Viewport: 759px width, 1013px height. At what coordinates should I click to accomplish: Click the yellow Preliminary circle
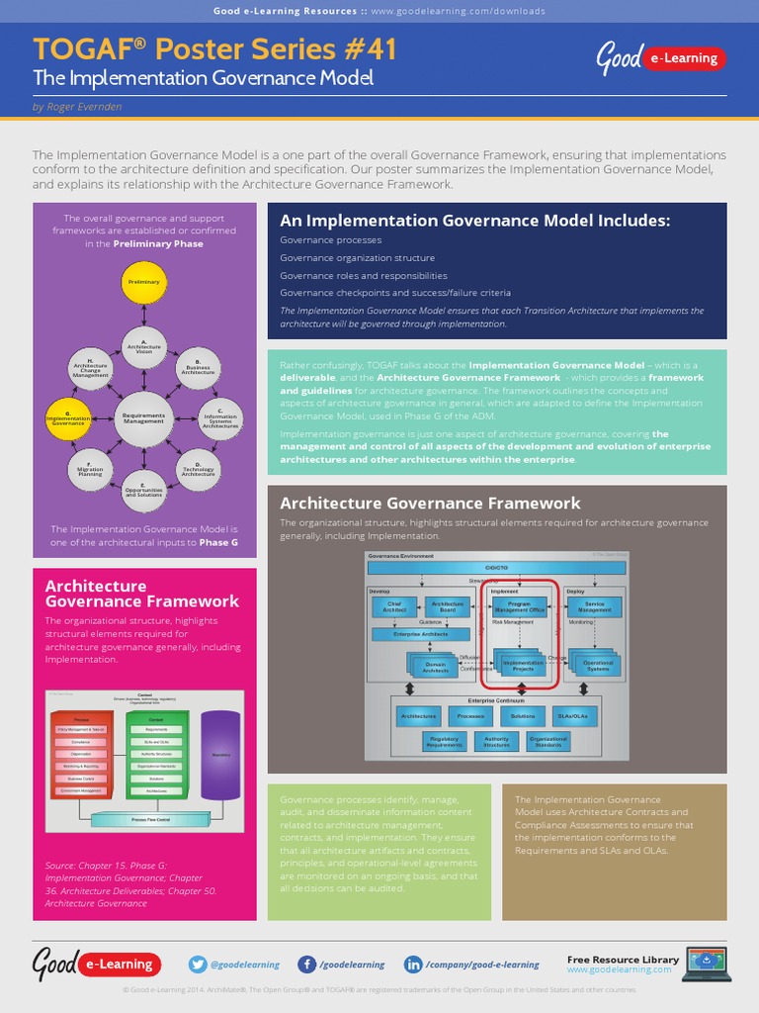(x=144, y=282)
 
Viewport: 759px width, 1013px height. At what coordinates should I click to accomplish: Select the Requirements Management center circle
(x=144, y=418)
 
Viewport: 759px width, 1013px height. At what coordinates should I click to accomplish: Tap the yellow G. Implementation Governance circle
(x=69, y=418)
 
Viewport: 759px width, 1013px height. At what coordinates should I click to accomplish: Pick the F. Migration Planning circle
(x=90, y=468)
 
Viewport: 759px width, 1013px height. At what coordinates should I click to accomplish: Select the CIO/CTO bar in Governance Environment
(x=496, y=568)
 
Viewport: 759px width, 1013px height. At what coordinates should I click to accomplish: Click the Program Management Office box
(x=519, y=607)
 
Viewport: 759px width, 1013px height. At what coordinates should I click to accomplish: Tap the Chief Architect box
(x=394, y=607)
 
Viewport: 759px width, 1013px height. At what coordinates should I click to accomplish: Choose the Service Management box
(x=595, y=607)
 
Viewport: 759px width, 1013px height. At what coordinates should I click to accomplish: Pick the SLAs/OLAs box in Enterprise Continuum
(x=574, y=715)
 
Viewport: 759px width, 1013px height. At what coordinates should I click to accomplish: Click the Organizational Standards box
(x=548, y=741)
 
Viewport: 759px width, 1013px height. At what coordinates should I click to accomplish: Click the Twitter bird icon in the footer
(x=198, y=965)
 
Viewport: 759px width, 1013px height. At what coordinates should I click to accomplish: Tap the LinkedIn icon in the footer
(x=413, y=965)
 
